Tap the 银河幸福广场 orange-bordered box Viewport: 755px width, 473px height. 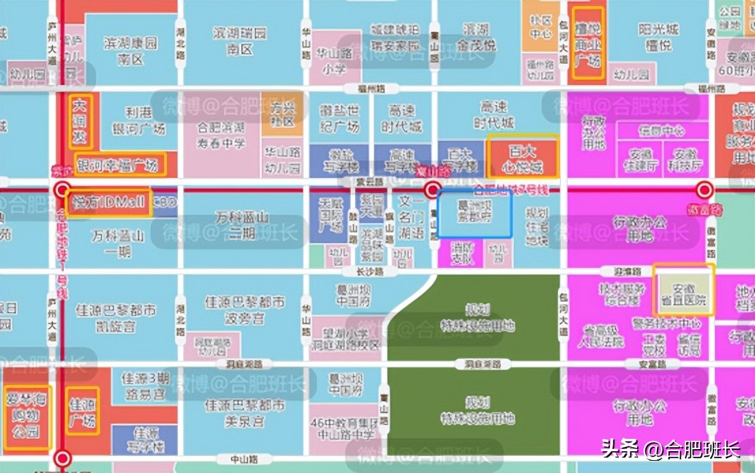point(120,164)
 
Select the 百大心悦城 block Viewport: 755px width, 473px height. point(523,157)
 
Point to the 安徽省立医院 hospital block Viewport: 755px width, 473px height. point(683,290)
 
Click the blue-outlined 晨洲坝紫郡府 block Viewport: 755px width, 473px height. point(474,213)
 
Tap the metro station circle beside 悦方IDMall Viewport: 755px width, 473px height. point(63,190)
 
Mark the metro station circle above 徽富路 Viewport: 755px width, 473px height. point(704,190)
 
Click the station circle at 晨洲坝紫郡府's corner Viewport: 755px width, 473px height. point(432,190)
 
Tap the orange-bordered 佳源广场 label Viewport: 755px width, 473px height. point(82,411)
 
